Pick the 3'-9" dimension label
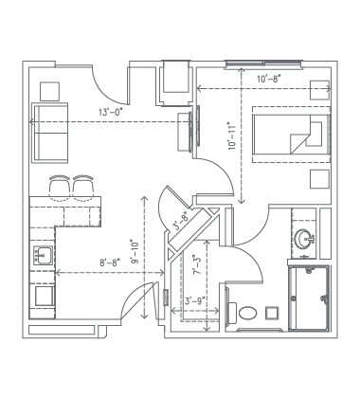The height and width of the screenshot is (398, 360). (196, 302)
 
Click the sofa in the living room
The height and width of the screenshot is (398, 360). (52, 133)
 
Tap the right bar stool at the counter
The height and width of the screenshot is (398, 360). (84, 188)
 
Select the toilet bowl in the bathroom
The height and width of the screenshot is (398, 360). (249, 311)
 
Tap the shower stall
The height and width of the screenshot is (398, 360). (310, 298)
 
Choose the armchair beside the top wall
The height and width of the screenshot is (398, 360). (176, 81)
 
